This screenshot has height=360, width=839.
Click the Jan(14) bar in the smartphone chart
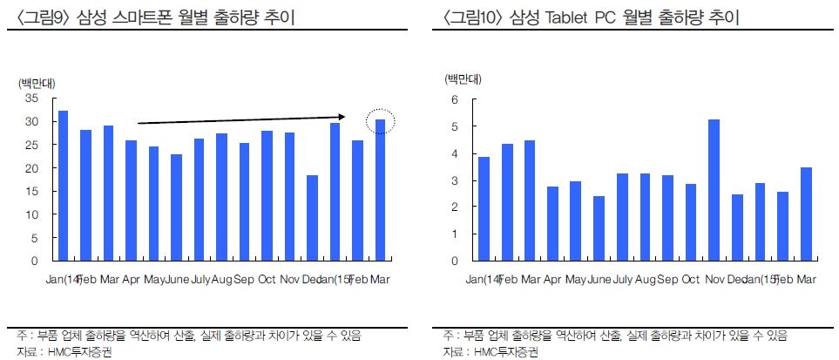point(63,186)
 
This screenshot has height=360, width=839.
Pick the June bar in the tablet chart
point(599,228)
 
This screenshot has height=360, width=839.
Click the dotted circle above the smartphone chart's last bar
point(380,124)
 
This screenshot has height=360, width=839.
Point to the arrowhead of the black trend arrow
point(343,116)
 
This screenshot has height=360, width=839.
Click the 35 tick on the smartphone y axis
point(32,98)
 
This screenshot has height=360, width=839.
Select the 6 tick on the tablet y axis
point(453,99)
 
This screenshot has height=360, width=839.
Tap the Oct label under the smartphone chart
point(267,279)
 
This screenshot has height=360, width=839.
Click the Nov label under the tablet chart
point(714,279)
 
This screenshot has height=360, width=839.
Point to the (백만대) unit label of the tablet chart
point(463,79)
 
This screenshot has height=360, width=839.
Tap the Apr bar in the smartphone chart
point(131,200)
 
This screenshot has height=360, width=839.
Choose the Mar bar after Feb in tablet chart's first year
point(530,200)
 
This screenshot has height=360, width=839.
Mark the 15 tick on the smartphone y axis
point(32,191)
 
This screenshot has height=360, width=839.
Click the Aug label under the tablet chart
point(646,279)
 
